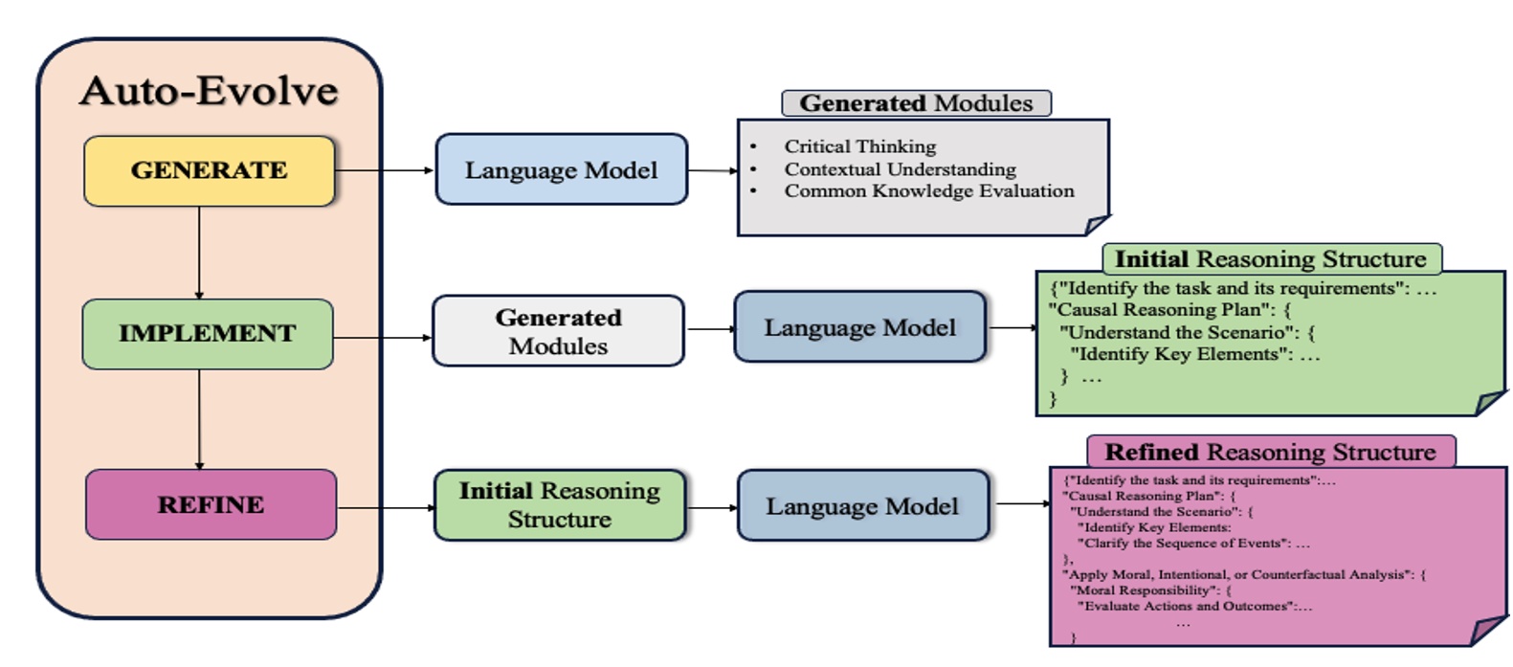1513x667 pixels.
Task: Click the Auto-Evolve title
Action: click(x=209, y=91)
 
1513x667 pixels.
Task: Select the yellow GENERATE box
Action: click(x=209, y=170)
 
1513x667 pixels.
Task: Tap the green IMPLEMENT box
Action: click(x=207, y=333)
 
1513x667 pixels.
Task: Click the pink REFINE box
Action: click(x=211, y=504)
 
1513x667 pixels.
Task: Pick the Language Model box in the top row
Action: click(x=561, y=170)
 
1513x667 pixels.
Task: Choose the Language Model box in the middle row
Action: click(x=859, y=327)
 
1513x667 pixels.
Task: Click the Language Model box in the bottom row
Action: click(x=861, y=506)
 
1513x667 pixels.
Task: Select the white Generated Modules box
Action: click(x=558, y=331)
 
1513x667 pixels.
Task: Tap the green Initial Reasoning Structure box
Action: click(x=559, y=505)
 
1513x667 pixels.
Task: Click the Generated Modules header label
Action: click(x=916, y=103)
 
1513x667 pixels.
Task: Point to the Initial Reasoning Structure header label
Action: click(x=1270, y=259)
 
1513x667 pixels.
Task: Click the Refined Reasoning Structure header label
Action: click(x=1270, y=452)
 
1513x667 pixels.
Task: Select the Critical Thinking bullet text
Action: click(x=859, y=146)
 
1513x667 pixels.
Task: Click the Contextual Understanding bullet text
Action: click(x=900, y=169)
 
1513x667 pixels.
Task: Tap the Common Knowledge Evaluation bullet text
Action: click(x=928, y=190)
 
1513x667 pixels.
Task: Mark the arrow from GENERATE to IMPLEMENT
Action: click(x=199, y=253)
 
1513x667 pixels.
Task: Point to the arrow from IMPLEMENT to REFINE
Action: click(x=199, y=419)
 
